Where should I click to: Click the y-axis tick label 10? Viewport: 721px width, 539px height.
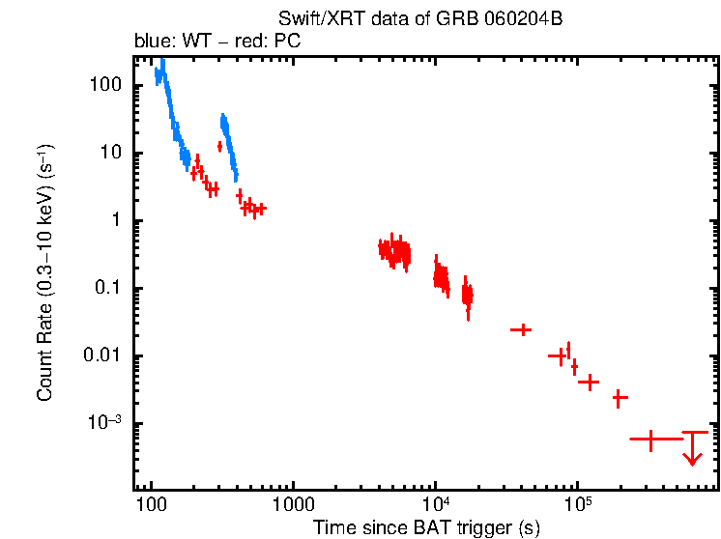pyautogui.click(x=110, y=153)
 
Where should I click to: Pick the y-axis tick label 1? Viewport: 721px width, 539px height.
pyautogui.click(x=115, y=220)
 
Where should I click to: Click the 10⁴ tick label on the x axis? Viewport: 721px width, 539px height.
pyautogui.click(x=435, y=506)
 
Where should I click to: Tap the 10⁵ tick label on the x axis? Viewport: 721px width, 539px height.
pyautogui.click(x=577, y=506)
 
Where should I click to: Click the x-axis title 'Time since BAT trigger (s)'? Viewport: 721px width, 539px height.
pyautogui.click(x=425, y=527)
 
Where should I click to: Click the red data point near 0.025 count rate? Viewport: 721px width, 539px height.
pyautogui.click(x=521, y=329)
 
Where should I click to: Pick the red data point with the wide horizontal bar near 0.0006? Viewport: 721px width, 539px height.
pyautogui.click(x=650, y=440)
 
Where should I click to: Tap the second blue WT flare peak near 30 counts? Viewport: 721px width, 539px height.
pyautogui.click(x=224, y=123)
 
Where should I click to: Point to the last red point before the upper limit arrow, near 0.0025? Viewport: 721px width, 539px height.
pyautogui.click(x=620, y=397)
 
